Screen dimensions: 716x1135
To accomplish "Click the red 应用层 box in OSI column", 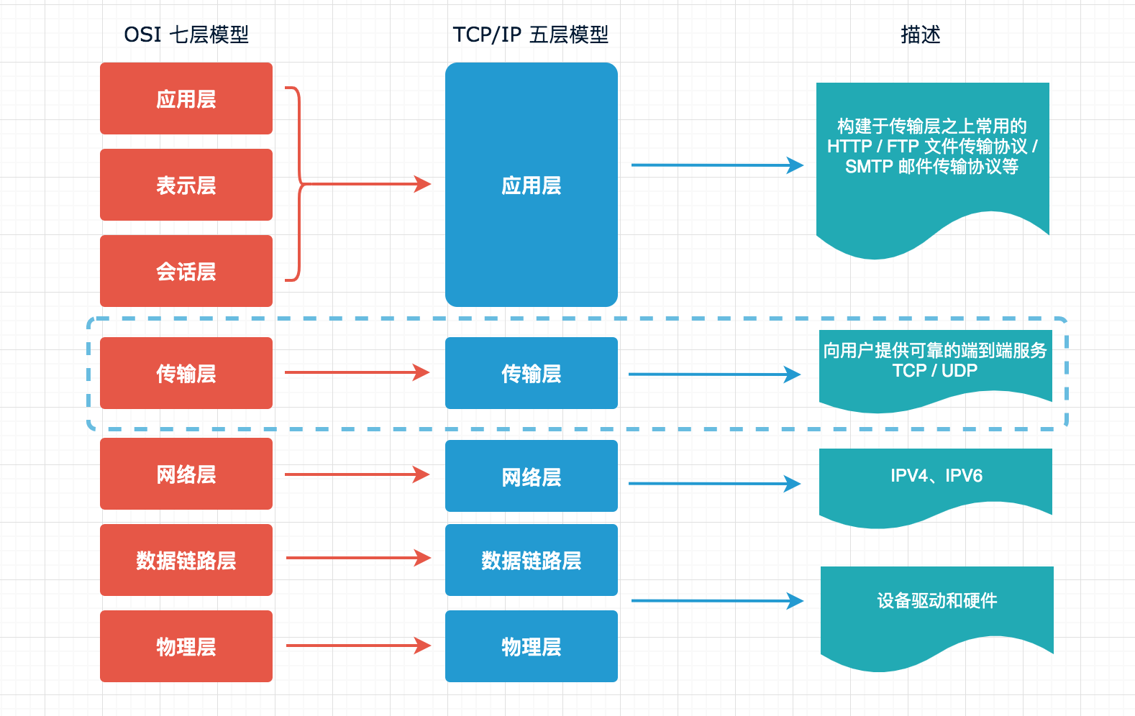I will (186, 98).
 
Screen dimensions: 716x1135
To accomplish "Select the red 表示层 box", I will (186, 185).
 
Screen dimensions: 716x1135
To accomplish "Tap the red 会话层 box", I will (186, 271).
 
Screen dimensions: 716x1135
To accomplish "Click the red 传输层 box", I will (186, 373).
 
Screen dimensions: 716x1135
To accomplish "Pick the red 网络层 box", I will (186, 474).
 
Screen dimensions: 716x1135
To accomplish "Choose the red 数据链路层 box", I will (186, 560).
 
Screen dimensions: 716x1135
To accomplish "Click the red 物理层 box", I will (186, 646).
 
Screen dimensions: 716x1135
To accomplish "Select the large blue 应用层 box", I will (531, 185).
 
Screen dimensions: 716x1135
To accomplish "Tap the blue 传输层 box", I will (531, 373).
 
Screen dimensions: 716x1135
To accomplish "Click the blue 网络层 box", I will (531, 476).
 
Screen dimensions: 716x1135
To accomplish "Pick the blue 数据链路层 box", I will (531, 560).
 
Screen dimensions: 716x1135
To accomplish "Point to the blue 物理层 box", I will (531, 646).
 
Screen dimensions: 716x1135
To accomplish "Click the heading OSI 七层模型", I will (186, 35).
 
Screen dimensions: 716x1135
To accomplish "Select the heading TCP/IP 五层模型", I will (531, 35).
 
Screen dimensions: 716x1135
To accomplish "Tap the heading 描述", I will (920, 35).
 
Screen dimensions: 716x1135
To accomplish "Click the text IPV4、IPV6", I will (936, 476).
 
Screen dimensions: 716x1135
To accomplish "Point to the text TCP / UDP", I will (934, 371).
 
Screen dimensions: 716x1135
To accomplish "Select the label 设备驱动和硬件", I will (936, 600).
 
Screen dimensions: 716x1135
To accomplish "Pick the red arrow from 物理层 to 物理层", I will (357, 646).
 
